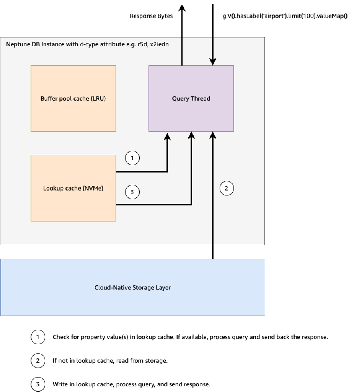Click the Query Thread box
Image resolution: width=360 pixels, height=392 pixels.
[x=191, y=98]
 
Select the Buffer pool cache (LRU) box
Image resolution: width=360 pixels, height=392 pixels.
[x=73, y=98]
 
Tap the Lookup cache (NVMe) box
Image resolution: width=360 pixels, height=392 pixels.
[x=73, y=188]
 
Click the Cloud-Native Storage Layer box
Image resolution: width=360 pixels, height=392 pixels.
[x=133, y=287]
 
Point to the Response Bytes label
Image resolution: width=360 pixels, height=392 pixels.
[x=151, y=16]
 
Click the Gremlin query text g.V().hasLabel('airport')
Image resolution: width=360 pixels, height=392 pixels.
[x=285, y=16]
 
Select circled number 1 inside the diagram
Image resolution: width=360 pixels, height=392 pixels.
[x=132, y=158]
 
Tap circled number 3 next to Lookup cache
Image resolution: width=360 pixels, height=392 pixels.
[x=132, y=192]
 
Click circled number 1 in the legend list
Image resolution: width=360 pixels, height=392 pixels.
[x=38, y=337]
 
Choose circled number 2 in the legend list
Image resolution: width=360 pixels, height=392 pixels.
[x=38, y=361]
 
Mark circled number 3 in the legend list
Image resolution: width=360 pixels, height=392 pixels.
[x=38, y=384]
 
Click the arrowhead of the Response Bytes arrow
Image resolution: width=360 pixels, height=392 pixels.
[x=182, y=7]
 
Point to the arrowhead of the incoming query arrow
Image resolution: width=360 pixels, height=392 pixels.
[x=213, y=62]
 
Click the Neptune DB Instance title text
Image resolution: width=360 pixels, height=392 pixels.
[x=87, y=44]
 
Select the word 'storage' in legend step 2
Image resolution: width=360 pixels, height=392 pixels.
[x=157, y=361]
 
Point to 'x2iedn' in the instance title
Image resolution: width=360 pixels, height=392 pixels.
[x=160, y=44]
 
